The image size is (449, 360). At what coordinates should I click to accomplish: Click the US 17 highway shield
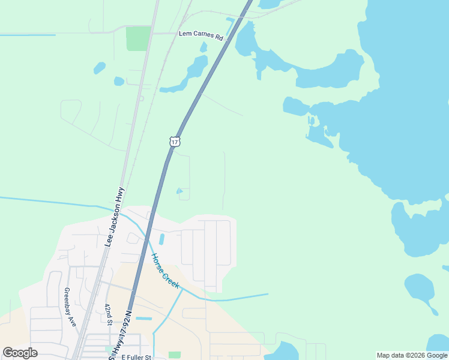point(174,141)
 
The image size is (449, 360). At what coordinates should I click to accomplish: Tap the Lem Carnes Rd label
point(201,34)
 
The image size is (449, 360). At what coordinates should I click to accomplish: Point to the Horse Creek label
point(164,271)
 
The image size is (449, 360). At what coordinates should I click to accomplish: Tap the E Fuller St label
point(137,357)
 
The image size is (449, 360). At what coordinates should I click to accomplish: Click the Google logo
point(20,353)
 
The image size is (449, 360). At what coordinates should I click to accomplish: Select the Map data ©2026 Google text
point(411,355)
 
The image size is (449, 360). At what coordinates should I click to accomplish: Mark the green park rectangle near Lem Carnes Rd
point(138,38)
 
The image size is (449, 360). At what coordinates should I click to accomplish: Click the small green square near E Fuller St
point(175,355)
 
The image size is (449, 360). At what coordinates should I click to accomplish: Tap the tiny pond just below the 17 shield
point(180,191)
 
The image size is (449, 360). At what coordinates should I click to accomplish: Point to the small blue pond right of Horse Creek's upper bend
point(161,239)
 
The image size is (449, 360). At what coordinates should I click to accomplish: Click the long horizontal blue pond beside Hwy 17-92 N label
point(144,318)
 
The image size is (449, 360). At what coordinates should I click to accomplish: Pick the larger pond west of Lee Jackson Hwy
point(100,68)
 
